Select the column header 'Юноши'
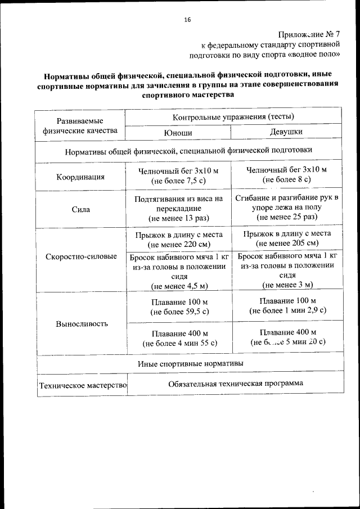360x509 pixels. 177,132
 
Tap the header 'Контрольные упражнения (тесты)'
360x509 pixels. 233,116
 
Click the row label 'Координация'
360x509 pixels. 80,177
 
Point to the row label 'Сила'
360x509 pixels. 80,209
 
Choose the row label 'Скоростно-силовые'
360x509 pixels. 80,256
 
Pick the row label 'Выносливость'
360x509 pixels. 80,324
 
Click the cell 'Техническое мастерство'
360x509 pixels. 82,386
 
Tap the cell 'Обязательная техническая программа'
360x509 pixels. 235,383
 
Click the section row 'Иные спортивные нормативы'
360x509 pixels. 190,363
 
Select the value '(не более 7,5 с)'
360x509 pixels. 177,182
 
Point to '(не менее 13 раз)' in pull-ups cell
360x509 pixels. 177,218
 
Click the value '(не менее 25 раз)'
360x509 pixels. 287,217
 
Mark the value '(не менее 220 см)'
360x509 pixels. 177,245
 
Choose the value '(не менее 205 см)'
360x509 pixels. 287,243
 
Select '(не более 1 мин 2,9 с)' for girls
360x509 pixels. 288,310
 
